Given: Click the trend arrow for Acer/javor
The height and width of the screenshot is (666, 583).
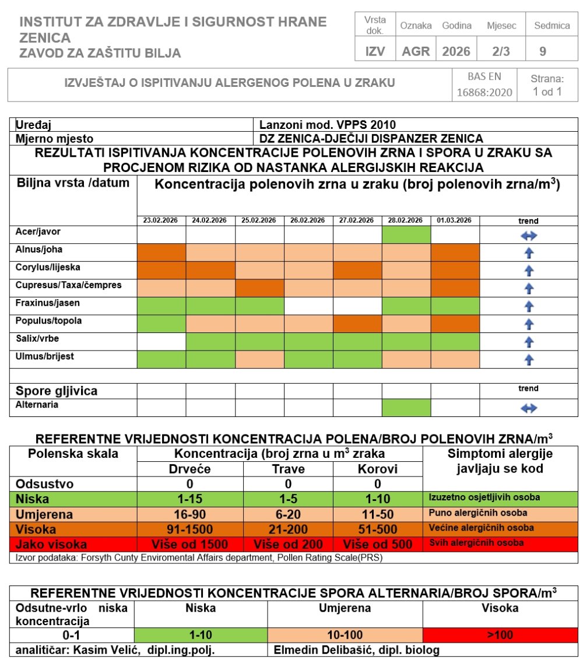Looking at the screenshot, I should (528, 236).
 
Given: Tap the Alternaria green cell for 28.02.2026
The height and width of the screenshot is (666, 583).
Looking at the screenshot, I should (406, 408).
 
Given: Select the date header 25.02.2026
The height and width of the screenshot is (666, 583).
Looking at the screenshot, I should (259, 221).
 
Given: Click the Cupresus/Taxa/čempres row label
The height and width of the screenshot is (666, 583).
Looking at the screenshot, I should (69, 285).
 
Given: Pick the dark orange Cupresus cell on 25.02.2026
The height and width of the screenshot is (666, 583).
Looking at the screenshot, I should (259, 288).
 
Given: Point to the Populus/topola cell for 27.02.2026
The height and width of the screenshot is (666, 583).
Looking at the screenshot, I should (357, 324).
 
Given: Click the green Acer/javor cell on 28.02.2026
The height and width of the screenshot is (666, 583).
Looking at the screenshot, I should (406, 235).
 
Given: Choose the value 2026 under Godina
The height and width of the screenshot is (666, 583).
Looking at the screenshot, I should (456, 51).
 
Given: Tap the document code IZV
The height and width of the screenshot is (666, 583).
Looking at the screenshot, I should (375, 51).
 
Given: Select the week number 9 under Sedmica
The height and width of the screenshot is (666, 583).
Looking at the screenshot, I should (543, 51).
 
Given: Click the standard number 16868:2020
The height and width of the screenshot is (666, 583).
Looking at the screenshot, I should (484, 92).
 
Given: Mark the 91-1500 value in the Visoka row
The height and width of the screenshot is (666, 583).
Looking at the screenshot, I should (189, 530).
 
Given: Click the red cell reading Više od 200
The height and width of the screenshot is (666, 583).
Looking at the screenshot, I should (289, 544).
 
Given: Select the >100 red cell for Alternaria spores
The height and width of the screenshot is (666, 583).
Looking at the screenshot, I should (500, 635).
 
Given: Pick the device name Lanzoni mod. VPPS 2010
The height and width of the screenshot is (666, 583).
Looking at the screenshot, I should (328, 125).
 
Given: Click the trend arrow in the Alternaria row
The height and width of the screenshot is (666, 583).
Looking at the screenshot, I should (528, 408).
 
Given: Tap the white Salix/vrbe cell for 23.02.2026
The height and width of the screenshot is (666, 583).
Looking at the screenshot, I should (161, 341).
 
